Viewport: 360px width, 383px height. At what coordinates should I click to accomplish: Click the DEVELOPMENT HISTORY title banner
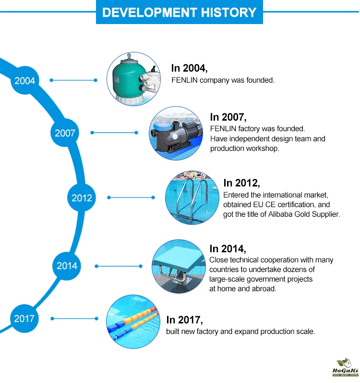179,12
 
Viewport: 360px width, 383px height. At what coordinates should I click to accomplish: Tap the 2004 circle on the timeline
24,80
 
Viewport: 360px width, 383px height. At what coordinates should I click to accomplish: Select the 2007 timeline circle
65,133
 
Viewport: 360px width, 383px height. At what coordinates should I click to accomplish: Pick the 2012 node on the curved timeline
82,198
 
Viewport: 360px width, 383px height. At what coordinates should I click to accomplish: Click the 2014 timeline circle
67,266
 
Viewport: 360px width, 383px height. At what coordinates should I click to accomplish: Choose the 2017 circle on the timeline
24,319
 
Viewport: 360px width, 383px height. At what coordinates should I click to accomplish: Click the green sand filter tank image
133,79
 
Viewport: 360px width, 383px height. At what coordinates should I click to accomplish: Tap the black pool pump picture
176,134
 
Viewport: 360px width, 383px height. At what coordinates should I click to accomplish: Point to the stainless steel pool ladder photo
192,198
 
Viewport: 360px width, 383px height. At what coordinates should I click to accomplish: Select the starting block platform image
179,267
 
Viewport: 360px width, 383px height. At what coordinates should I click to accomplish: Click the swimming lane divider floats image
133,321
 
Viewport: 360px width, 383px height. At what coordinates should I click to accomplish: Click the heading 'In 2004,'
190,68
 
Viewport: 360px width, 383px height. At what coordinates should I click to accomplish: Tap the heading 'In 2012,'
242,183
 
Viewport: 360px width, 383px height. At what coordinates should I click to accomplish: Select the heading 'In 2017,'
185,320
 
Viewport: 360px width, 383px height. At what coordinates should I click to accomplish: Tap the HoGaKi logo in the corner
346,367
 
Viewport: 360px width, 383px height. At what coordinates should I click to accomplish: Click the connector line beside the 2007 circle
114,133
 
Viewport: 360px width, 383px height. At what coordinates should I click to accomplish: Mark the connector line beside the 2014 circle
119,266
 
